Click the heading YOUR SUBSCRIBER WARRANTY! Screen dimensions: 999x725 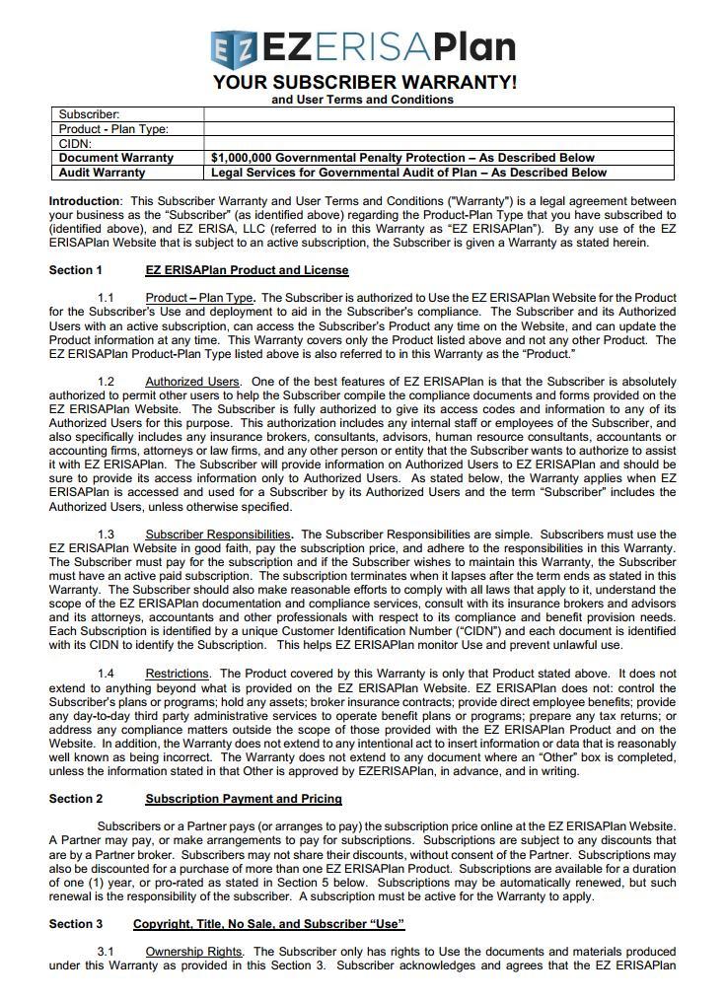coord(364,82)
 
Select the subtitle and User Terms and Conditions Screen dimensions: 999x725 coord(362,100)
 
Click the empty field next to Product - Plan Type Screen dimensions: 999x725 coord(438,129)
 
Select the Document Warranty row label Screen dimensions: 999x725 coord(115,158)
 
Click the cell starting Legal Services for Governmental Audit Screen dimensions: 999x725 coord(408,173)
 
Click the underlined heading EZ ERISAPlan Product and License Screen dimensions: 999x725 coord(247,270)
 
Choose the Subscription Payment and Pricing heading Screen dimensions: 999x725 coord(244,799)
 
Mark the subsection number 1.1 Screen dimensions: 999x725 coord(106,298)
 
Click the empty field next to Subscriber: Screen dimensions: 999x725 coord(438,114)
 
